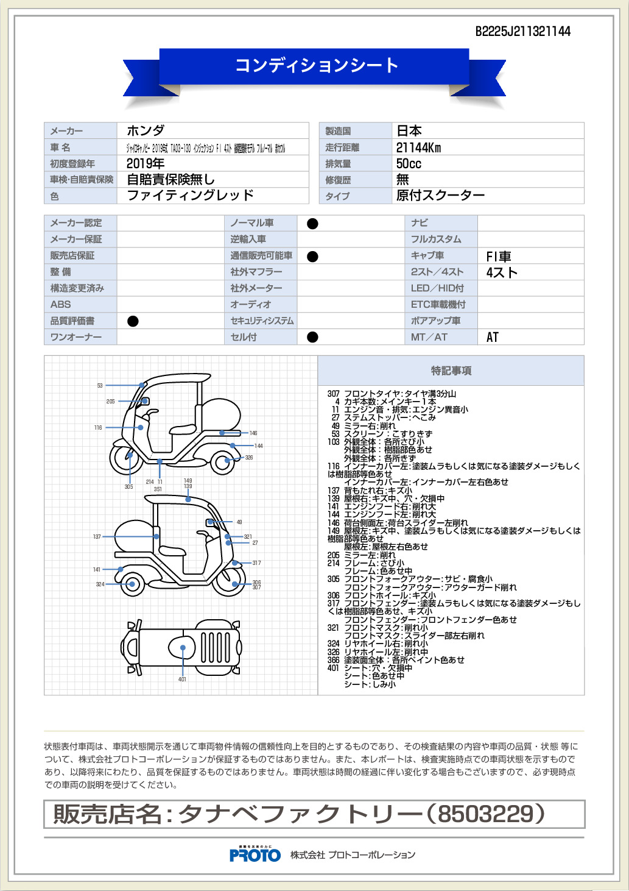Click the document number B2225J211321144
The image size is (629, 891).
click(x=522, y=32)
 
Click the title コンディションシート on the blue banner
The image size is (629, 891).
click(x=317, y=65)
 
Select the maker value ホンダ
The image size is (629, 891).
click(x=146, y=130)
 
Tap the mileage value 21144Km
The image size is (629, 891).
click(x=418, y=147)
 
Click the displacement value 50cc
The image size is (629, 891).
click(x=409, y=163)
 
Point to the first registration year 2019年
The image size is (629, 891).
click(x=146, y=163)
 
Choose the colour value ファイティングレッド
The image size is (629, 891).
click(x=190, y=195)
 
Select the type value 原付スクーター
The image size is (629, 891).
click(x=440, y=195)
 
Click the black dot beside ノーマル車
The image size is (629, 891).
click(x=312, y=224)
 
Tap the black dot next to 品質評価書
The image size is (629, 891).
click(x=133, y=321)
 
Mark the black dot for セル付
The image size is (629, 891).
click(x=312, y=337)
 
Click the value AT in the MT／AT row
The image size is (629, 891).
click(x=492, y=337)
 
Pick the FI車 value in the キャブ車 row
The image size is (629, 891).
click(x=498, y=257)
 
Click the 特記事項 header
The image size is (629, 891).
click(x=451, y=371)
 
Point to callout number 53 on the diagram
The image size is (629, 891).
click(x=100, y=386)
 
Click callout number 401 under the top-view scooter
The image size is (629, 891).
click(x=182, y=679)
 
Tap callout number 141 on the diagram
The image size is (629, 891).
click(x=97, y=570)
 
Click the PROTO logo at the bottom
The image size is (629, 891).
click(x=255, y=854)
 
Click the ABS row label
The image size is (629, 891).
click(x=60, y=305)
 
